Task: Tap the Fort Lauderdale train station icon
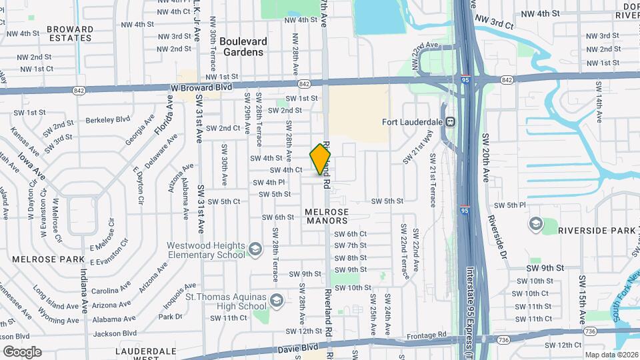(x=451, y=121)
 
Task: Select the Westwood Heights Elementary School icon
(x=255, y=249)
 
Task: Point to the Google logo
(x=22, y=351)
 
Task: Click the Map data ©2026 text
(x=611, y=355)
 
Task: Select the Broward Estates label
(x=70, y=33)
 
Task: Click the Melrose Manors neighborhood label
(x=327, y=215)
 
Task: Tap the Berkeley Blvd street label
(x=107, y=120)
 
